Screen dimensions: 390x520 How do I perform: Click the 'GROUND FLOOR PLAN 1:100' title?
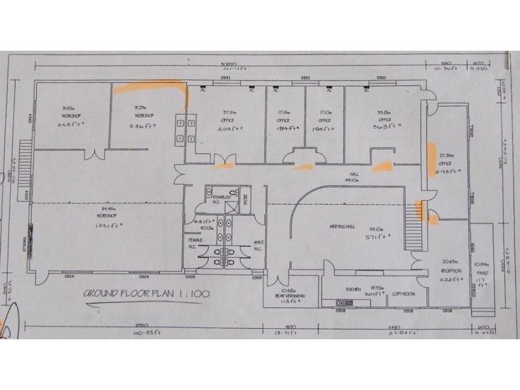coord(146,294)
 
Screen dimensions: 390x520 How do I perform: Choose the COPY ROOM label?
coord(403,294)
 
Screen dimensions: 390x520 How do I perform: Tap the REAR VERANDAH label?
coord(286,294)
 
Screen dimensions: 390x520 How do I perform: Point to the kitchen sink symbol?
coord(341,303)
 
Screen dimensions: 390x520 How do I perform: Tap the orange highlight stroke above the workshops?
coord(149,87)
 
